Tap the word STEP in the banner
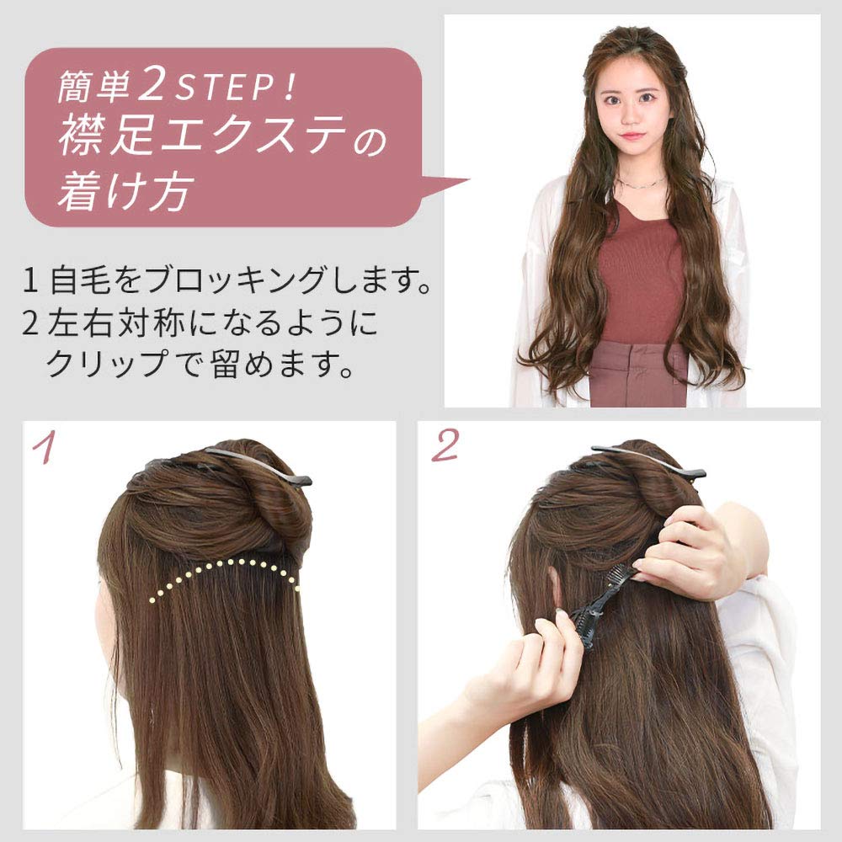[229, 87]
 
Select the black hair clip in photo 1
[253, 466]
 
